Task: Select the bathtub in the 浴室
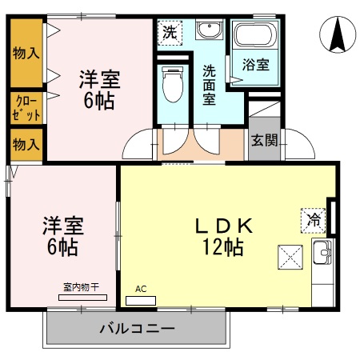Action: point(254,35)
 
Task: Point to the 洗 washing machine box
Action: point(170,33)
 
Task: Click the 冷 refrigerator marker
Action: point(314,218)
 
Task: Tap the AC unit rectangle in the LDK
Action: point(141,301)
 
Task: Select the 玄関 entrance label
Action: point(265,141)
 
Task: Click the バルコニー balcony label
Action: point(137,329)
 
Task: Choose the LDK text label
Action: point(224,226)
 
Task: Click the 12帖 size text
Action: point(224,247)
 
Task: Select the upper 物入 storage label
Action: point(26,54)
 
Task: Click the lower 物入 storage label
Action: point(25,145)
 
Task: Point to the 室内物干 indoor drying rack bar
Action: point(83,297)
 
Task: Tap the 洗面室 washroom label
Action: point(210,84)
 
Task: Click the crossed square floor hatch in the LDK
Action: point(289,257)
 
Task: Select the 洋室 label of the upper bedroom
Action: point(99,80)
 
